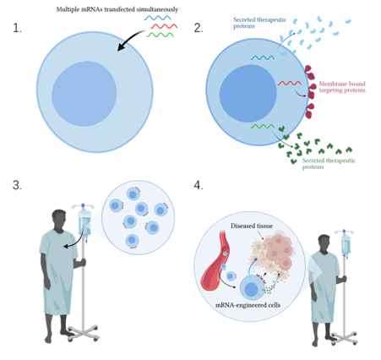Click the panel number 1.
[17, 28]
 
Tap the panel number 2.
[199, 28]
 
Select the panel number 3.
[17, 185]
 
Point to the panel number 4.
[199, 185]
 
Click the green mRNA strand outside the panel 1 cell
[160, 35]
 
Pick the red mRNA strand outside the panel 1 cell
[164, 26]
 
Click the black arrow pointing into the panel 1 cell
[130, 40]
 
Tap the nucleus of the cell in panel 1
[84, 94]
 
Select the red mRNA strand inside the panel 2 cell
[290, 83]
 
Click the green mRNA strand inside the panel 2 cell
[263, 126]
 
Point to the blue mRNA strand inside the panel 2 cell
[263, 57]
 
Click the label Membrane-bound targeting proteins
[342, 87]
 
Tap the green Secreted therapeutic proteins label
[329, 164]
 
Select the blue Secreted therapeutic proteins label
[259, 23]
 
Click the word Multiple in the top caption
[68, 9]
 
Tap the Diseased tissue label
[252, 226]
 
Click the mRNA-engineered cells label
[248, 305]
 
